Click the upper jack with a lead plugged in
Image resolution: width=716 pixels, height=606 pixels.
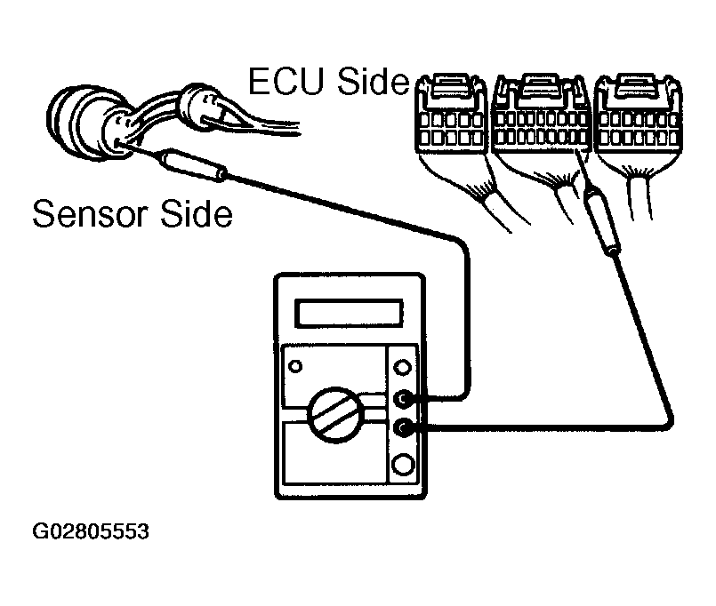coord(405,399)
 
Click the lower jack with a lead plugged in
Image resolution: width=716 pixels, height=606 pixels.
coord(405,429)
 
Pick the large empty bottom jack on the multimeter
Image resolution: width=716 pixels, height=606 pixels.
coord(405,464)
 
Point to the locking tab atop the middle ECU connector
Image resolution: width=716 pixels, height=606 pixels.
coord(539,86)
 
